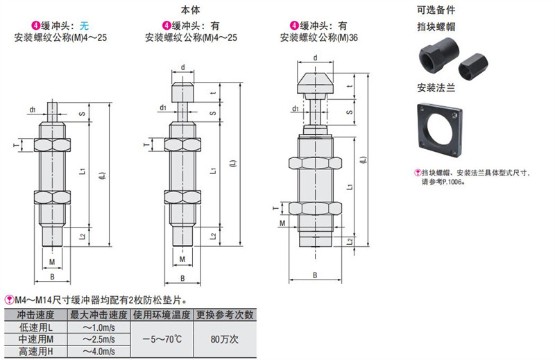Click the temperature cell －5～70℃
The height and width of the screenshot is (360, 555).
[164, 339]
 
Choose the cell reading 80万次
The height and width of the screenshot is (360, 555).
[225, 339]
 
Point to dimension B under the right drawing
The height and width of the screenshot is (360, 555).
[315, 275]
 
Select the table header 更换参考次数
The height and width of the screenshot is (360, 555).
[225, 314]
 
